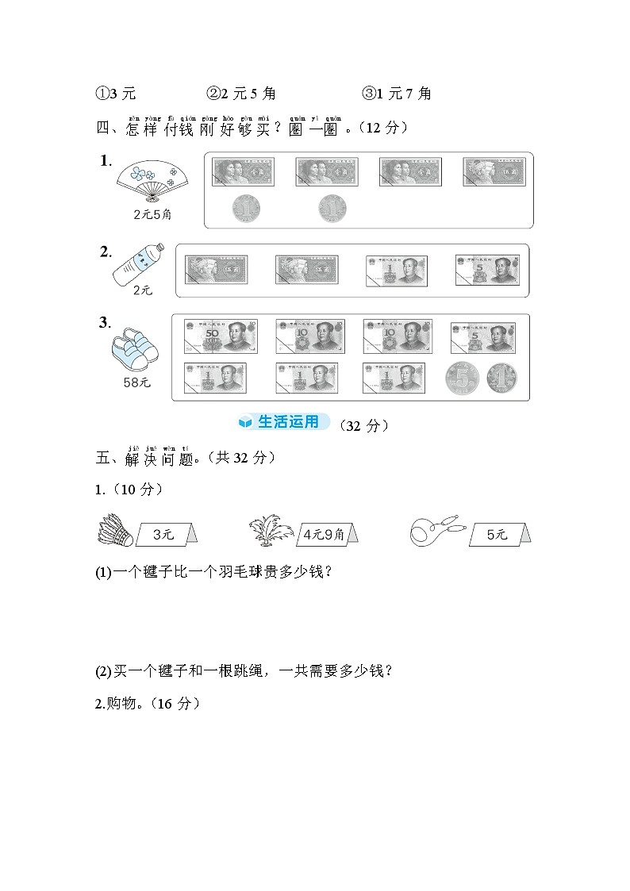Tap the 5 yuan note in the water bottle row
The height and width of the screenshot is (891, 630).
(486, 270)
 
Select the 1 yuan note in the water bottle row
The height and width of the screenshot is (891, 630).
(397, 270)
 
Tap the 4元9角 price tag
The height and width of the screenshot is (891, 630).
(324, 535)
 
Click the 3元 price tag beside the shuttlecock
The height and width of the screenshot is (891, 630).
(164, 535)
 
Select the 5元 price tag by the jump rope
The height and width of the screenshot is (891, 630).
(497, 535)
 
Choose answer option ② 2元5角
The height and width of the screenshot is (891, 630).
(241, 94)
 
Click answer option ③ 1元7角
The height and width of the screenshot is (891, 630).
(397, 94)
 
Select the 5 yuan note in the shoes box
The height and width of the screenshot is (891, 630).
(482, 337)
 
